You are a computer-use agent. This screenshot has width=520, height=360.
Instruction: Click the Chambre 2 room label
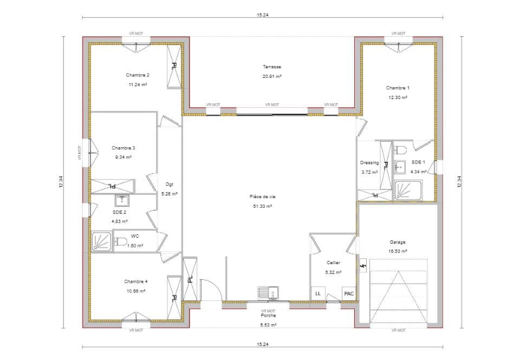pos(138,75)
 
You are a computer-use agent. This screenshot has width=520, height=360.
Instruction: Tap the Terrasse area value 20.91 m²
pos(272,76)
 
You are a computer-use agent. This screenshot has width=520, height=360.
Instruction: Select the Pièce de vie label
pos(262,197)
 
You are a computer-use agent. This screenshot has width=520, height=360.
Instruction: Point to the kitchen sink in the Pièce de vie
pos(268,293)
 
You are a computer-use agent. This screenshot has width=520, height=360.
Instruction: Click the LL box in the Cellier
pos(317,294)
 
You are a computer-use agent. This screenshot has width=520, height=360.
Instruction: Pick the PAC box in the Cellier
pos(349,294)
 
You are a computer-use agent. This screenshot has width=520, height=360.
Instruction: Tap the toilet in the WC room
pos(120,241)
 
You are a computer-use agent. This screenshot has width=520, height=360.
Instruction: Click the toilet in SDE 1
pos(401,149)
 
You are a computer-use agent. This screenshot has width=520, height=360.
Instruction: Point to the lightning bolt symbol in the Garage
pos(363,266)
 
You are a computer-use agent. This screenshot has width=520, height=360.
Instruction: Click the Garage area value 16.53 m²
pos(397,252)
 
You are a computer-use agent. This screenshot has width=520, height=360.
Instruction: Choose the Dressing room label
pos(369,163)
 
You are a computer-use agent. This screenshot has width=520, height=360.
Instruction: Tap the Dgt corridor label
pos(170,184)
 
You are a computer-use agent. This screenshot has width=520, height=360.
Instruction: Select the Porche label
pos(268,316)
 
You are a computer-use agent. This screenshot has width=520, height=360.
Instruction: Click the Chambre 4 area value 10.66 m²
pos(135,291)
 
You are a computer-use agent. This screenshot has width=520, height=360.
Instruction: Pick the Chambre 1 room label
pos(398,88)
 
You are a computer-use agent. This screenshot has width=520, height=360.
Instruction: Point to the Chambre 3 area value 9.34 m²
pos(123,157)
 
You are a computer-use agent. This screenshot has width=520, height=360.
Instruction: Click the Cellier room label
pos(333,263)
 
